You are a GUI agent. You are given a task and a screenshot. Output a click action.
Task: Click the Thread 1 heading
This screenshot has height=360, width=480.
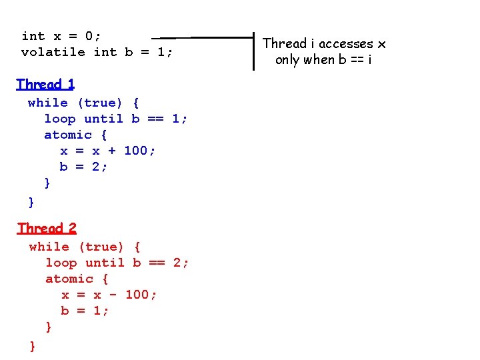(x=45, y=84)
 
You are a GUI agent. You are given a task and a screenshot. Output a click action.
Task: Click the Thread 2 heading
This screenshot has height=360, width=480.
(x=47, y=228)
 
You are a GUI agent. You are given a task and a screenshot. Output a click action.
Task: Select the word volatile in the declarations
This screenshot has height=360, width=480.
(x=53, y=52)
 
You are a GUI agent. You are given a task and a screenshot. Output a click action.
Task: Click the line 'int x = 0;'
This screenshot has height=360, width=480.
(x=61, y=36)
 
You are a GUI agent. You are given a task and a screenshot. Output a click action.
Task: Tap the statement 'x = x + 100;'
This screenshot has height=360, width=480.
(x=108, y=151)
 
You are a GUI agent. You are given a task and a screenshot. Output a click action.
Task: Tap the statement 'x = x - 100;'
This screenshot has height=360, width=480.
(x=109, y=295)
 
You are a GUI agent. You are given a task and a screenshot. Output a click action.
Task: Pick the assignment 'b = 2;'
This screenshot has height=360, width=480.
(x=83, y=167)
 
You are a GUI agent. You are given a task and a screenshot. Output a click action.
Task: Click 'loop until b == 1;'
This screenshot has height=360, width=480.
(x=116, y=119)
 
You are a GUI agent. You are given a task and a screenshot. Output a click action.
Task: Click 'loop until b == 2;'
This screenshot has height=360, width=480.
(x=117, y=263)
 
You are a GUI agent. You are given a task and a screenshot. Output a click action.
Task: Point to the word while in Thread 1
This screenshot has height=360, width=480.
(x=48, y=103)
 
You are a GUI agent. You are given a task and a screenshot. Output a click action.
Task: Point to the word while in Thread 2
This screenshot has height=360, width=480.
(x=49, y=247)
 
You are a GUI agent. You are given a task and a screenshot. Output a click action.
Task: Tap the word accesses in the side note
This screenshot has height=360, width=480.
(x=345, y=44)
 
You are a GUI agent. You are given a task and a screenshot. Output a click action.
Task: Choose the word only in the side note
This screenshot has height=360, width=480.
(x=288, y=60)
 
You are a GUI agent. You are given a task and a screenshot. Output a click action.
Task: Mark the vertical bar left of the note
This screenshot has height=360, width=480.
(x=254, y=51)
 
